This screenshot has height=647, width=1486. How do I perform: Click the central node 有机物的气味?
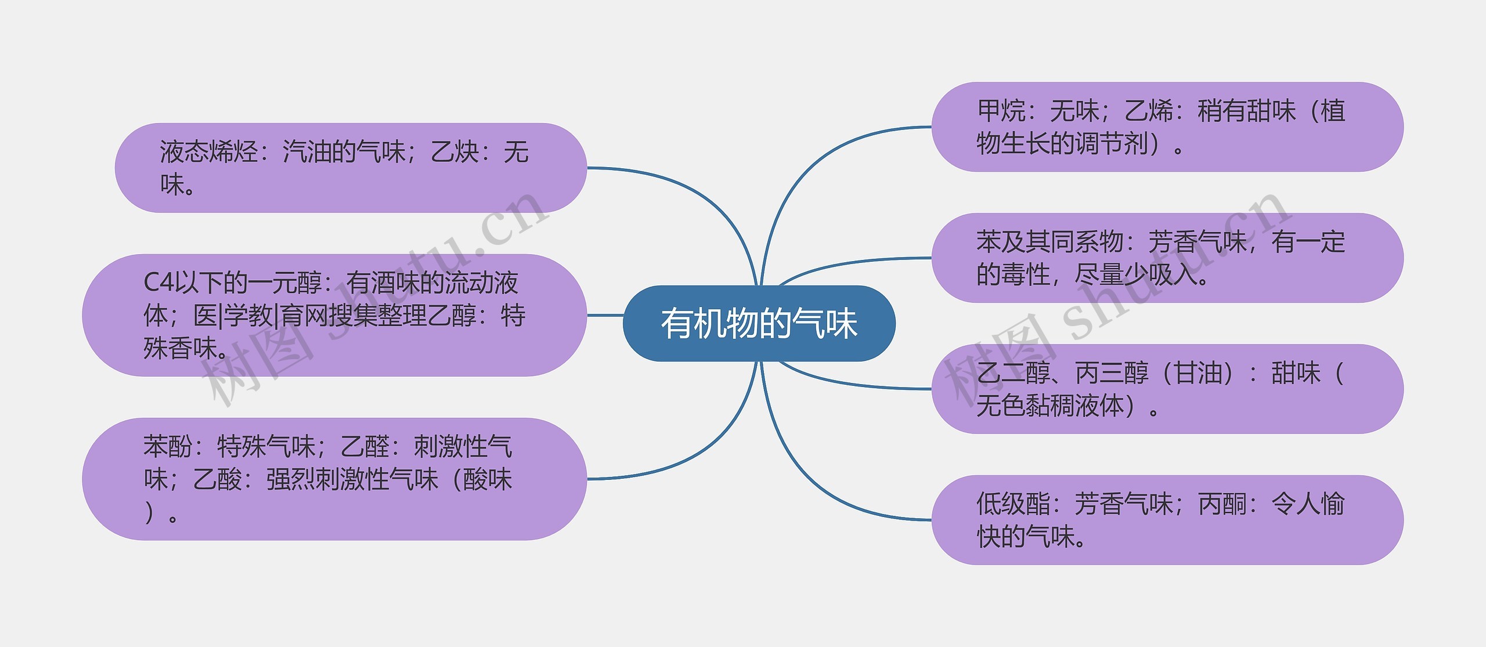pyautogui.click(x=759, y=323)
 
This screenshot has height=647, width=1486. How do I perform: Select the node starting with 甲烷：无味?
pyautogui.click(x=1167, y=127)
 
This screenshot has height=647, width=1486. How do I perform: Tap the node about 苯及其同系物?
pyautogui.click(x=1167, y=258)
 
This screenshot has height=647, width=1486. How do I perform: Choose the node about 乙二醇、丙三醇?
pyautogui.click(x=1167, y=389)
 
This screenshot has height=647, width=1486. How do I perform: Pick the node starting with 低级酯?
pyautogui.click(x=1167, y=520)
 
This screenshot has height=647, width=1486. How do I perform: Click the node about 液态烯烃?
pyautogui.click(x=351, y=168)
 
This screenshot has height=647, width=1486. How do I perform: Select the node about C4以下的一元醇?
pyautogui.click(x=334, y=315)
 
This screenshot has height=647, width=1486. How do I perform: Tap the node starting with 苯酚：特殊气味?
pyautogui.click(x=334, y=479)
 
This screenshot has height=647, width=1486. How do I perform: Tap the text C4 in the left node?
pyautogui.click(x=158, y=283)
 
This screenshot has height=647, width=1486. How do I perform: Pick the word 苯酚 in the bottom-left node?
pyautogui.click(x=168, y=447)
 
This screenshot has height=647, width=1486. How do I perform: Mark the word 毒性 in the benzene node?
pyautogui.click(x=1026, y=274)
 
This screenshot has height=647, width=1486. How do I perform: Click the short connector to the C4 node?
pyautogui.click(x=605, y=316)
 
